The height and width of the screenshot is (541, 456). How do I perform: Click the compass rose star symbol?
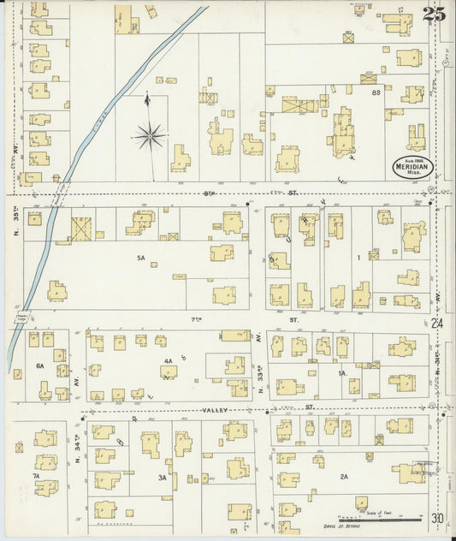pos(150,134)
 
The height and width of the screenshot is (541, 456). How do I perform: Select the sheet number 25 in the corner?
pos(432,14)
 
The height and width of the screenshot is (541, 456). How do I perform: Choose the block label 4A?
pos(169,360)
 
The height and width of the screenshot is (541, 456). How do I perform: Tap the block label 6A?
pos(38,366)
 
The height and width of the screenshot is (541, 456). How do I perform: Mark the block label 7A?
pos(36,475)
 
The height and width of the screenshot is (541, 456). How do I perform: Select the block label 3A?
pos(162,477)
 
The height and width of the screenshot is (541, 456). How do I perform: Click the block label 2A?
pos(344,477)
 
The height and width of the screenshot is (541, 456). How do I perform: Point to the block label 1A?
pos(341,373)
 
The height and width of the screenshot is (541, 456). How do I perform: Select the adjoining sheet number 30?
pos(437,518)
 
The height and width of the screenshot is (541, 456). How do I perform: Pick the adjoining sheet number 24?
pos(437,323)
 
